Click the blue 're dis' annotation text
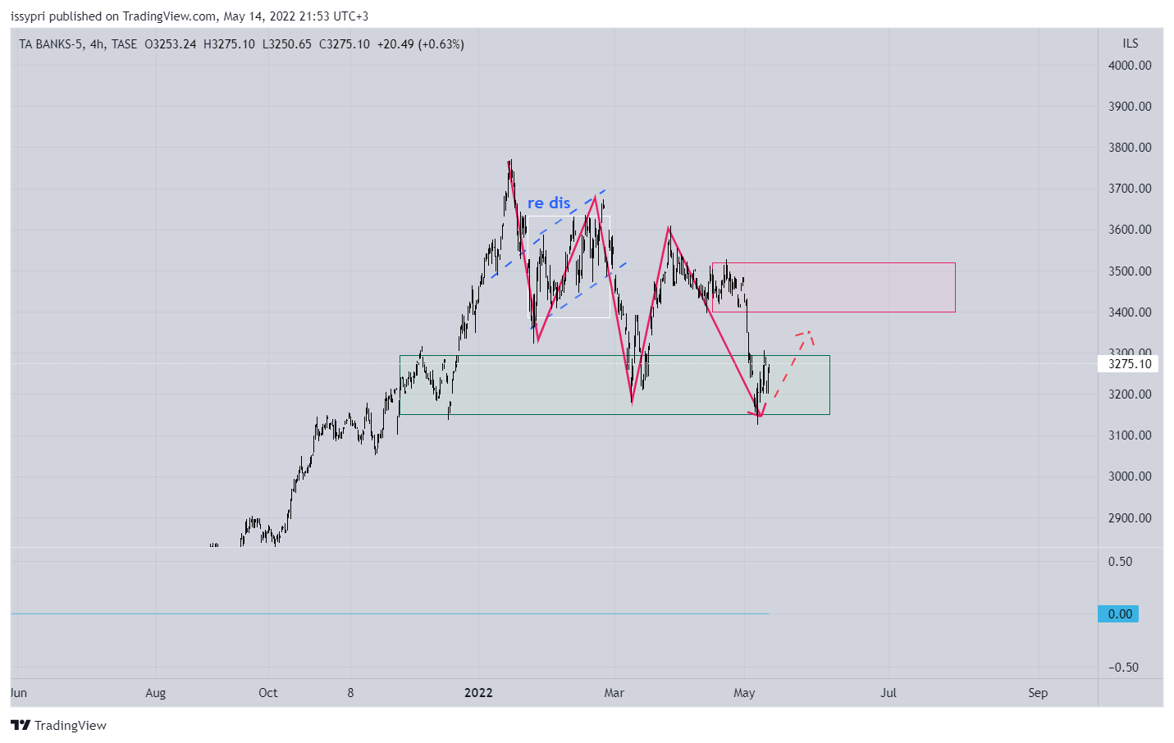click(x=548, y=203)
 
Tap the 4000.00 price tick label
click(x=1130, y=66)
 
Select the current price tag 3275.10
click(x=1129, y=364)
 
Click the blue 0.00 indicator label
click(x=1119, y=614)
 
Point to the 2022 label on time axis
click(x=478, y=693)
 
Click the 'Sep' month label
click(x=1038, y=693)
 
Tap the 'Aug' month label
click(x=155, y=693)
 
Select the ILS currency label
click(x=1131, y=43)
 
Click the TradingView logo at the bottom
click(x=59, y=726)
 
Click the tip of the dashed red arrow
click(x=809, y=331)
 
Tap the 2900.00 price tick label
click(x=1130, y=517)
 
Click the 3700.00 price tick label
click(x=1130, y=189)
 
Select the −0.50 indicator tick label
click(x=1123, y=668)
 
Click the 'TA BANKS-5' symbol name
click(x=51, y=44)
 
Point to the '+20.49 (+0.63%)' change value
click(x=421, y=44)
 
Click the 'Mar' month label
click(x=614, y=693)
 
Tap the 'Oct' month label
click(x=267, y=693)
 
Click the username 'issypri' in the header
click(x=28, y=16)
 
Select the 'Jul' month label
click(x=888, y=693)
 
